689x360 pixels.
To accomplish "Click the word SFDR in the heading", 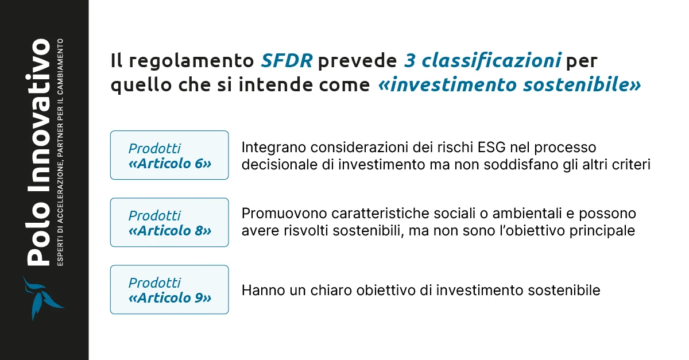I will coord(287,60).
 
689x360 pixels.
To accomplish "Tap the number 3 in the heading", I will coord(409,60).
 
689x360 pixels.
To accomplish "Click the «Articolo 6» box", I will coord(169,155).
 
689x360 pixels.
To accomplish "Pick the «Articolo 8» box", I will coord(169,223).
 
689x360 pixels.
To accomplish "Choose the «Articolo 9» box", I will coord(169,289).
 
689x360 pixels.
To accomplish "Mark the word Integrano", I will coord(268,148).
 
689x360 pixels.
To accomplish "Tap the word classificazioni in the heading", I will coord(487,60).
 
